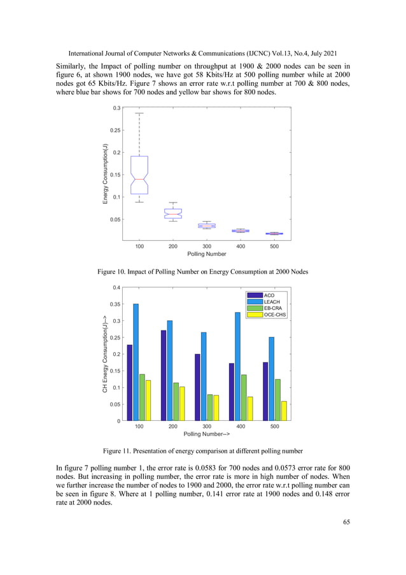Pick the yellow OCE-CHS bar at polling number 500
pos(284,411)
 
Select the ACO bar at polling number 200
pos(164,375)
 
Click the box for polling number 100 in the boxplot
pos(139,174)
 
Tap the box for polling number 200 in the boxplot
pos(173,213)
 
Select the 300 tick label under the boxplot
pos(207,245)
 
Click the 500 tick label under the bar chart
pos(275,426)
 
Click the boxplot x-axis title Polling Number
pos(207,253)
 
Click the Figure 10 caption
pos(202,272)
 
